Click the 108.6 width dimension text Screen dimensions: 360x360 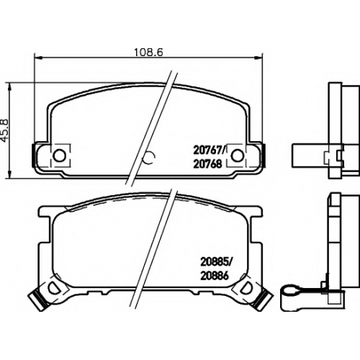[x=148, y=52]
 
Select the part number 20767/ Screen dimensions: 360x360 [x=209, y=150]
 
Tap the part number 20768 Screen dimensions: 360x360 [x=207, y=164]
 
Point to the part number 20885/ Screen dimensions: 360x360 [x=215, y=262]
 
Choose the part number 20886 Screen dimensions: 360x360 [x=214, y=276]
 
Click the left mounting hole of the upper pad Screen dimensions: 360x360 [x=59, y=156]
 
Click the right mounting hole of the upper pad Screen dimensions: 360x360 [x=237, y=156]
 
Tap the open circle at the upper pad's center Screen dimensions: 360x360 [x=148, y=158]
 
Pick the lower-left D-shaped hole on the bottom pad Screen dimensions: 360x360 [x=53, y=287]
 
